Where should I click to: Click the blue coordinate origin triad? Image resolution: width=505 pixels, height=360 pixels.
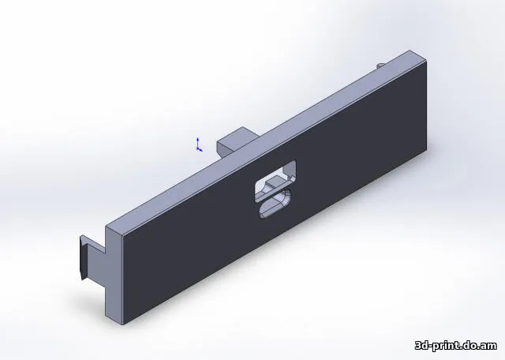pyautogui.click(x=198, y=144)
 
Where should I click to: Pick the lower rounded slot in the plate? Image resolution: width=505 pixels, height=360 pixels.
pyautogui.click(x=273, y=205)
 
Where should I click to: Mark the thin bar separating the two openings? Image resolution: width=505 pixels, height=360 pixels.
pyautogui.click(x=272, y=193)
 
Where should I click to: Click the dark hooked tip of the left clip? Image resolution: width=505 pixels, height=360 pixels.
pyautogui.click(x=81, y=257)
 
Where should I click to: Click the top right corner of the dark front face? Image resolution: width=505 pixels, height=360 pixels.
pyautogui.click(x=425, y=62)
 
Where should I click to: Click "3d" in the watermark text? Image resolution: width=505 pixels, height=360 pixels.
pyautogui.click(x=423, y=346)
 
